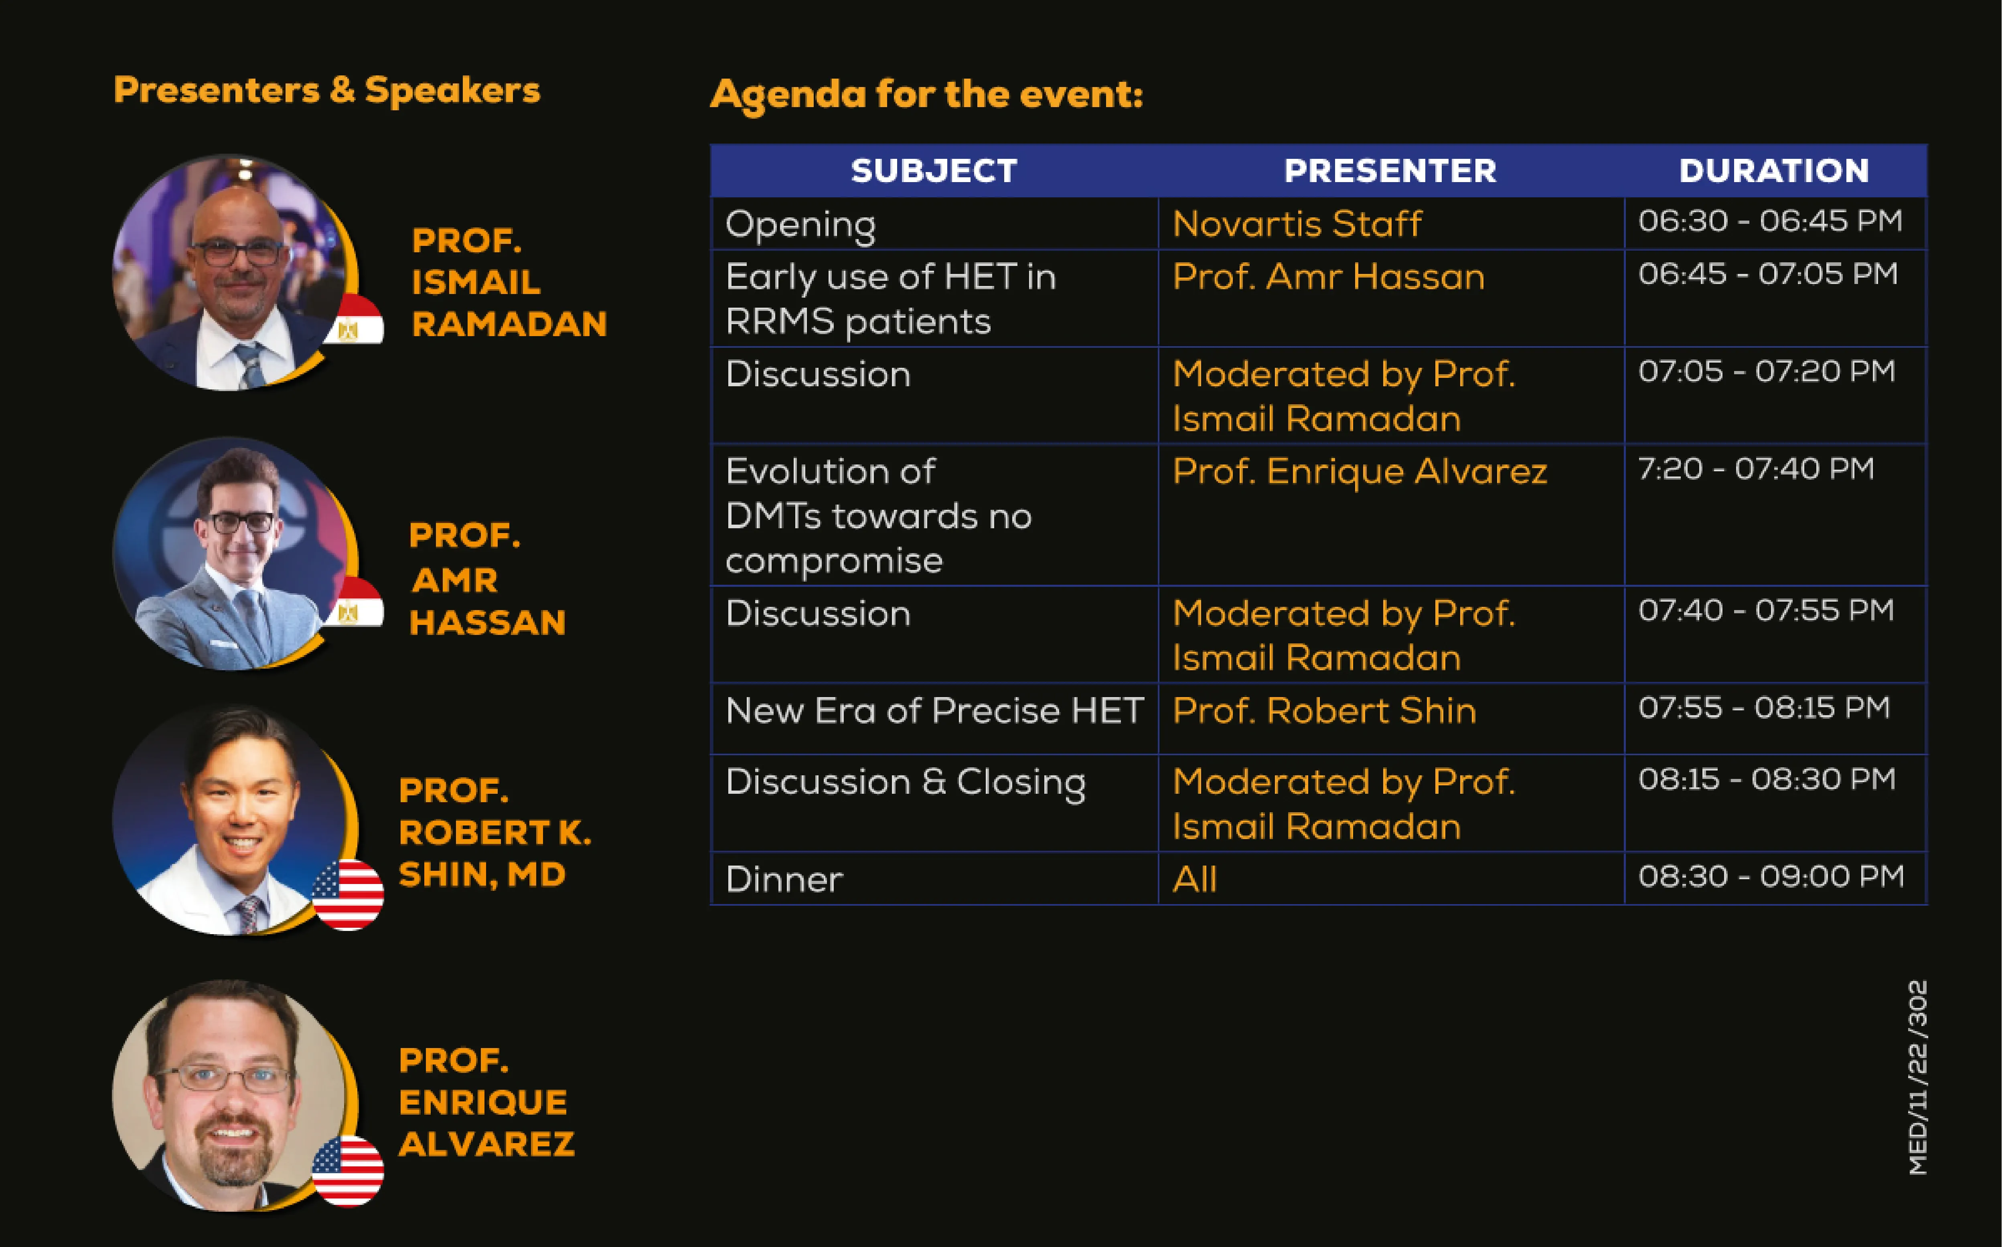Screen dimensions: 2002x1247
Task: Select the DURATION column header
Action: pyautogui.click(x=1773, y=171)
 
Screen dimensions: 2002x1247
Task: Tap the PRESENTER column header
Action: pyautogui.click(x=1390, y=171)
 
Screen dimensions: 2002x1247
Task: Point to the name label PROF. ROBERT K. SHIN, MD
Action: pyautogui.click(x=495, y=832)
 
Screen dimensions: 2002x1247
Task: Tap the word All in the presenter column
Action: pyautogui.click(x=1195, y=879)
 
